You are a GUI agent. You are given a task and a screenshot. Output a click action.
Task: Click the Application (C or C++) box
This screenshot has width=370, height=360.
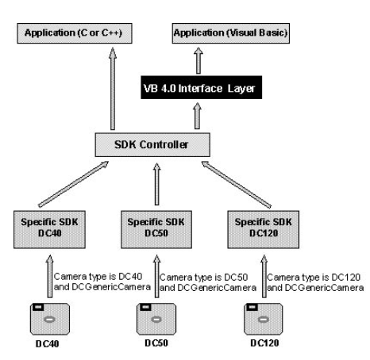75,33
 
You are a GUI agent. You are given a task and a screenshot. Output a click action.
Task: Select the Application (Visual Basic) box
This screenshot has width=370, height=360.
231,33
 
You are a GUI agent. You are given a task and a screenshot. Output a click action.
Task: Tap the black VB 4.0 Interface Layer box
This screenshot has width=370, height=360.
202,87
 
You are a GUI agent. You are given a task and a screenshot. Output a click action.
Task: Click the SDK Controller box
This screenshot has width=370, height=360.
152,145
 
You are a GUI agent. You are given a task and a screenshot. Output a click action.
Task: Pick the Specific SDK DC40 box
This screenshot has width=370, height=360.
49,229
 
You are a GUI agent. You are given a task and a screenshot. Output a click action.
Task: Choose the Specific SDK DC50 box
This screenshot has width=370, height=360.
156,229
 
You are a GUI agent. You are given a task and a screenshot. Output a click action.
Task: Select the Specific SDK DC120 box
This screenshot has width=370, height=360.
264,229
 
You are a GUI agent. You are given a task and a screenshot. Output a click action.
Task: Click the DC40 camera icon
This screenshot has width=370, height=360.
50,319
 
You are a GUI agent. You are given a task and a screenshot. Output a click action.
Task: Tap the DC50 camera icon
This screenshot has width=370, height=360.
156,319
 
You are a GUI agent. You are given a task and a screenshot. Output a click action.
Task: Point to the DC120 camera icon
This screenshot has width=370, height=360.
264,319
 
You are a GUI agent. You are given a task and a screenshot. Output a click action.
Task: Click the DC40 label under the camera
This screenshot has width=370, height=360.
48,344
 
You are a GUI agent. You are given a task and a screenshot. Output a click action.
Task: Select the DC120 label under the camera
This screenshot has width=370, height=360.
264,343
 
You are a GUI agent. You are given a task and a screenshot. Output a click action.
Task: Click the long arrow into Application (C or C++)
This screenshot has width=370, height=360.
113,89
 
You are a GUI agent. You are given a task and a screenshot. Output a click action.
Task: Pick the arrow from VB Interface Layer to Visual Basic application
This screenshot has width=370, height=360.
198,60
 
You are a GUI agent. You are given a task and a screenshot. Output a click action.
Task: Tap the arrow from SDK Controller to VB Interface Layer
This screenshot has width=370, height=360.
197,116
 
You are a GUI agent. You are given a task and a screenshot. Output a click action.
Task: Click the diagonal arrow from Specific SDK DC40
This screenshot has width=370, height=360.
73,184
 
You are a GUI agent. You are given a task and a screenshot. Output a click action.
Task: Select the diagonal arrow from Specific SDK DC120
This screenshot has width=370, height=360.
237,185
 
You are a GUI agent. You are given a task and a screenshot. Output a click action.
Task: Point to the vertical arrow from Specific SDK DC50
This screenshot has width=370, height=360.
157,184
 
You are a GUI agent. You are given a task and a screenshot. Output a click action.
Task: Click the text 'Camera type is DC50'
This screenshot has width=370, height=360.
203,278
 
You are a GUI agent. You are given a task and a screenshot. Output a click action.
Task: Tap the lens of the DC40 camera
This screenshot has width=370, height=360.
49,320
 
